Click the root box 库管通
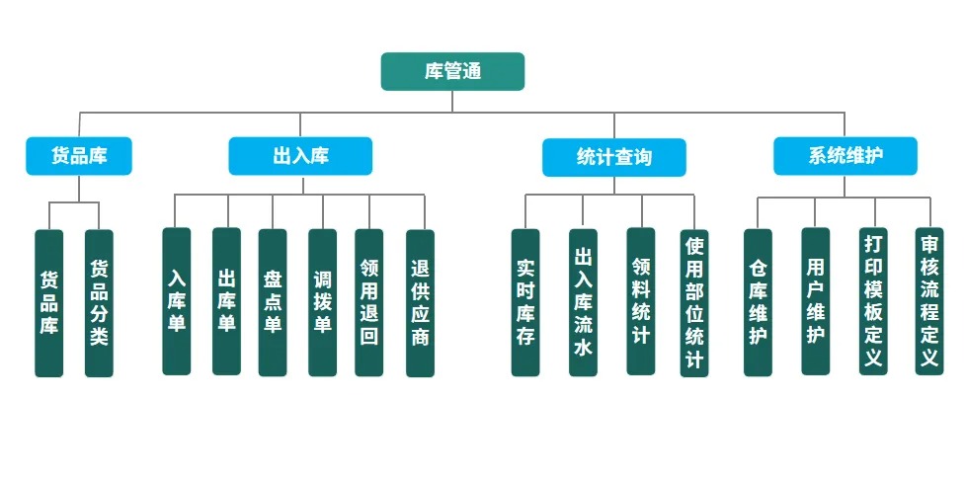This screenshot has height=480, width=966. click(452, 72)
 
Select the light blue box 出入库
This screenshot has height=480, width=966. click(300, 156)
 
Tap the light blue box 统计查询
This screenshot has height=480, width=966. click(613, 157)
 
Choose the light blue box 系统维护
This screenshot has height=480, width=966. click(845, 156)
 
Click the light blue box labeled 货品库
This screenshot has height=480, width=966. click(79, 156)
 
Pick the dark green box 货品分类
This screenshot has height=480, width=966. click(99, 302)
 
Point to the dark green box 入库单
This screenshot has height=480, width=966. click(177, 301)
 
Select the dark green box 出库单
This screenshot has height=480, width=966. click(226, 301)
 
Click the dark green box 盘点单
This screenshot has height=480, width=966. click(273, 302)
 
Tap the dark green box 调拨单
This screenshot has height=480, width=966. click(322, 302)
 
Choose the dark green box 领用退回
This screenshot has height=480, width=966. click(369, 302)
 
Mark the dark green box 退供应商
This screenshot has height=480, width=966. click(420, 302)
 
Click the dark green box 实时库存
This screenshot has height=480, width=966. click(525, 302)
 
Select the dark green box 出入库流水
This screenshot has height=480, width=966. click(583, 302)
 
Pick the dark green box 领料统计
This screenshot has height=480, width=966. click(641, 301)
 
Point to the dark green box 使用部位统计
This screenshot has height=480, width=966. click(694, 303)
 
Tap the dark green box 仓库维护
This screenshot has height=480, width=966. click(758, 302)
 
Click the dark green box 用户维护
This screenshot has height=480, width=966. click(815, 301)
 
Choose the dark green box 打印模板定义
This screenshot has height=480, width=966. click(873, 301)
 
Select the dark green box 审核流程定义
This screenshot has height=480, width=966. click(929, 301)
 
